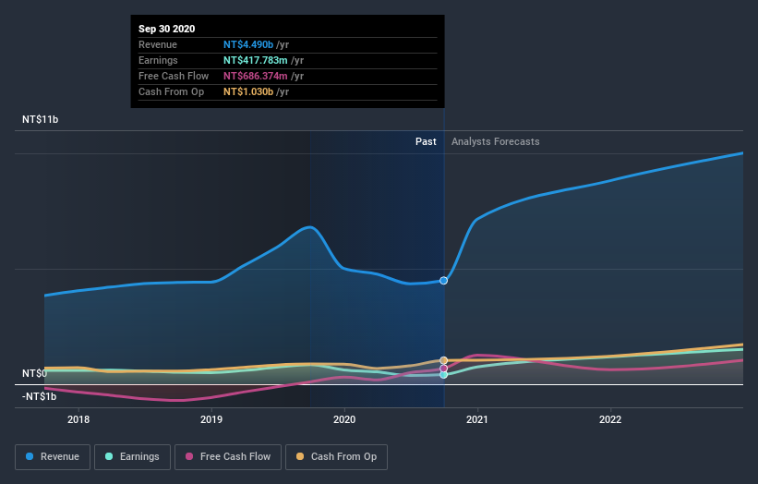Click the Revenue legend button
(53, 456)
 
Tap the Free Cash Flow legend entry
(227, 456)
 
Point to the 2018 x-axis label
(79, 418)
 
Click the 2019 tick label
(211, 418)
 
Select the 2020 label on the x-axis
(344, 418)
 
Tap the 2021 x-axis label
(477, 418)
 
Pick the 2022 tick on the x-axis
(610, 418)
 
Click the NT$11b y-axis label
(41, 120)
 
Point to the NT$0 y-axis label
(35, 373)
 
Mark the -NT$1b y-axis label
(40, 396)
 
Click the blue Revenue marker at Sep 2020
(444, 280)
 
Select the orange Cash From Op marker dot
(444, 360)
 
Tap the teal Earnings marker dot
(444, 375)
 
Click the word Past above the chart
(426, 141)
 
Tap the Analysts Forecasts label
(495, 141)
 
